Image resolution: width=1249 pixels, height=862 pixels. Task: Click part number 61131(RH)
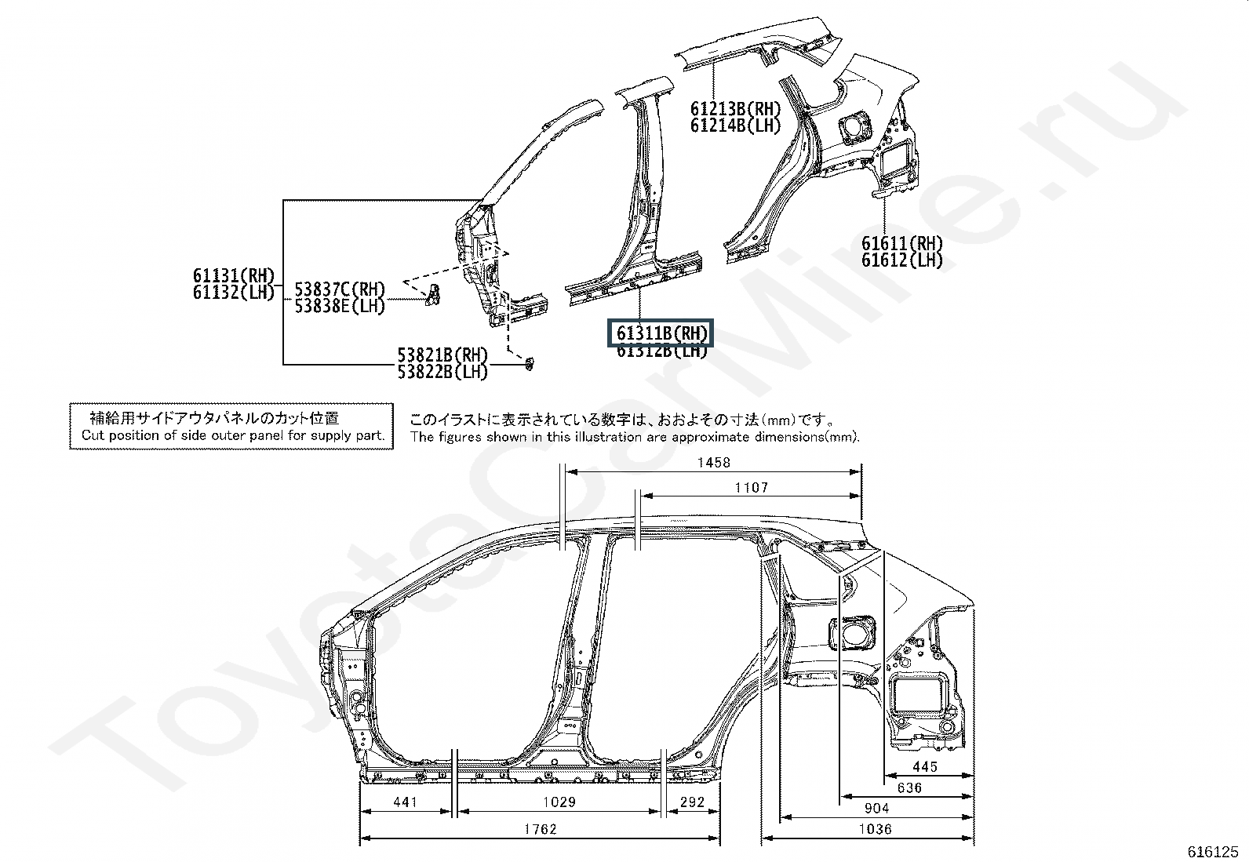point(234,275)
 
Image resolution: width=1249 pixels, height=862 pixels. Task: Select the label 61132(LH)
point(234,293)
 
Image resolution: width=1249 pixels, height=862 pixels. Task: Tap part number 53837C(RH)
point(340,289)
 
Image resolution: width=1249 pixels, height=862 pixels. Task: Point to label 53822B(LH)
point(442,372)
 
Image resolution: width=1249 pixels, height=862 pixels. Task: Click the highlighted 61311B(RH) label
point(661,333)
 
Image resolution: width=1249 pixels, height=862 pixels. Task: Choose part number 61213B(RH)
point(736,108)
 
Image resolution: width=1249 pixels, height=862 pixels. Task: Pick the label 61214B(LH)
point(736,125)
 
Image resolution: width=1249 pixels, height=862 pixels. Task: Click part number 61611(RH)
point(902,243)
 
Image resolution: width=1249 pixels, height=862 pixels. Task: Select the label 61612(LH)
point(902,260)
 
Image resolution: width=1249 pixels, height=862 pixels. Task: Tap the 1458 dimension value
point(713,463)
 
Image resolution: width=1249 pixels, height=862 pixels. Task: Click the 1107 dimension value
point(751,488)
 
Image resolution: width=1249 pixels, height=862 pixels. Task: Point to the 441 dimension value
point(405,802)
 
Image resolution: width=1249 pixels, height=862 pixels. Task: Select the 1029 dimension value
point(559,802)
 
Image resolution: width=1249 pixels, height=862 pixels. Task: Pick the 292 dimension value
point(692,802)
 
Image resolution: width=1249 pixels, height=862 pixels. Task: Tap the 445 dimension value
point(925,767)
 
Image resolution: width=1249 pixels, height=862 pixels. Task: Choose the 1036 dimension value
point(875,829)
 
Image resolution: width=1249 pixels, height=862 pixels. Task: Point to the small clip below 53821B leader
point(529,363)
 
